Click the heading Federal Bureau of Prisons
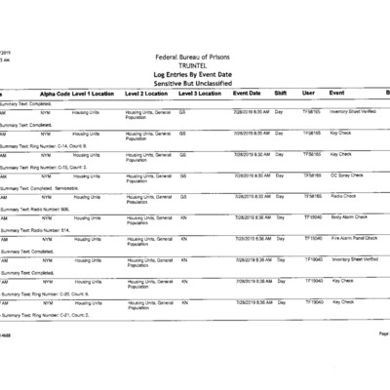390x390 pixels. pyautogui.click(x=195, y=58)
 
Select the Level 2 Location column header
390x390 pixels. pyautogui.click(x=148, y=94)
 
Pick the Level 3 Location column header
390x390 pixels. pyautogui.click(x=201, y=94)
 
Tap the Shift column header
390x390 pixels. pyautogui.click(x=281, y=93)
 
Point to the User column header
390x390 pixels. pyautogui.click(x=308, y=93)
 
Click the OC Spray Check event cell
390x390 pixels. pyautogui.click(x=347, y=175)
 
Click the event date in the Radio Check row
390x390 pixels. pyautogui.click(x=252, y=196)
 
